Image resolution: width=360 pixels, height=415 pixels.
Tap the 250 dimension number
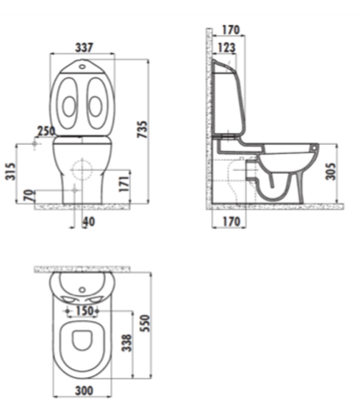point(46,132)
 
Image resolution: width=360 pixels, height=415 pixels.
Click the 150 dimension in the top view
point(84,311)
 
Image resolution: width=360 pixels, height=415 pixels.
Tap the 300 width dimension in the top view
point(84,391)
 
